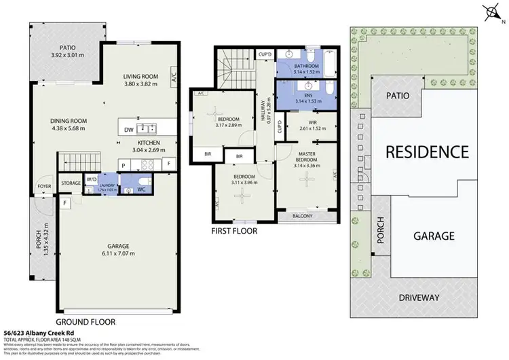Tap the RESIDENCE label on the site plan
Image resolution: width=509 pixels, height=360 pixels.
tap(427, 151)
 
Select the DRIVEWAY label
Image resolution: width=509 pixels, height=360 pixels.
tap(418, 298)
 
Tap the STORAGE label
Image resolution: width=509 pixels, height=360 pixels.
tap(71, 183)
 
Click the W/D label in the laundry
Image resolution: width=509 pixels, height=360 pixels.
tap(92, 180)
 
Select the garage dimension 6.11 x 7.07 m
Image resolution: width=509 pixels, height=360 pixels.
tap(118, 253)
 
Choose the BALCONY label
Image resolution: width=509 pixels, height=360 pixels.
tap(302, 216)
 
